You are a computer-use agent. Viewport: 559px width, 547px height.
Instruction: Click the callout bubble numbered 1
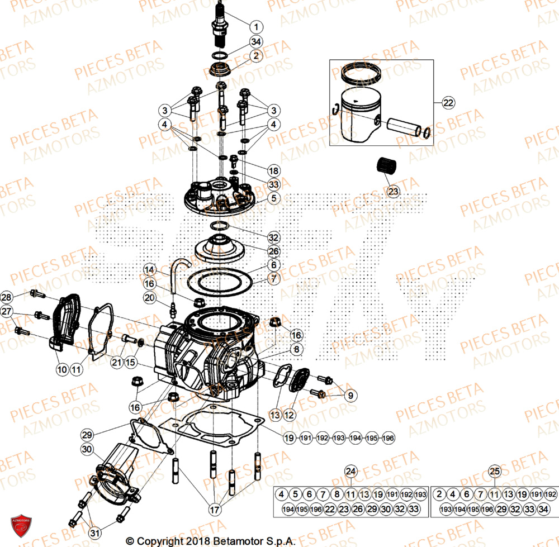coord(256,26)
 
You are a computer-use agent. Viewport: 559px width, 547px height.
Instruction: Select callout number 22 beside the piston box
coord(448,102)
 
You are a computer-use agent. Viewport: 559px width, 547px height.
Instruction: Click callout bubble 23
coord(393,192)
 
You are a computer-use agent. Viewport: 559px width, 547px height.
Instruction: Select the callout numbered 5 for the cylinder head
coord(273,198)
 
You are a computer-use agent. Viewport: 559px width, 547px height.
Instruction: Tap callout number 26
coord(273,250)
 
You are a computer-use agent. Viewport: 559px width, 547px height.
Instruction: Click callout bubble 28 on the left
coord(6,297)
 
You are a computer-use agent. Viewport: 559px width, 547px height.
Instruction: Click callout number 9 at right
coord(350,396)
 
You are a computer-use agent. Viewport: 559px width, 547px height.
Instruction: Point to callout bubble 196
coord(389,439)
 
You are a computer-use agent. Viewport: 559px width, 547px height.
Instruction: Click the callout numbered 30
coord(87,449)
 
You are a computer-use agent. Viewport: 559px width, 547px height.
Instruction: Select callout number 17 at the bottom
coord(216,510)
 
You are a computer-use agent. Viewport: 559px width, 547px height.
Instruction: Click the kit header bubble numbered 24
coord(350,470)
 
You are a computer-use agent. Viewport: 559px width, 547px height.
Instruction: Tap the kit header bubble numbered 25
coord(494,470)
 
